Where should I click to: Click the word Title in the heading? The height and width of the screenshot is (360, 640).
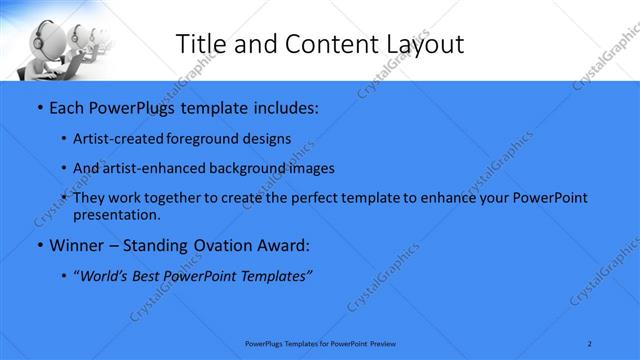tap(201, 44)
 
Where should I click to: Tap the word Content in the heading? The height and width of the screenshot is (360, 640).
tap(320, 44)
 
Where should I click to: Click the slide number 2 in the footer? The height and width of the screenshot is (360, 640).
tap(590, 343)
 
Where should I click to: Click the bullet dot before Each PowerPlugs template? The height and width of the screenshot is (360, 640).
tap(39, 106)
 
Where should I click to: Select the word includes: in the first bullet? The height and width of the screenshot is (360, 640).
tap(282, 106)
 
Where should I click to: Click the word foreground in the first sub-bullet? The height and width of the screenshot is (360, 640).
tap(216, 139)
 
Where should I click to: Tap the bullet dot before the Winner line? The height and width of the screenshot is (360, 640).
tap(39, 244)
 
